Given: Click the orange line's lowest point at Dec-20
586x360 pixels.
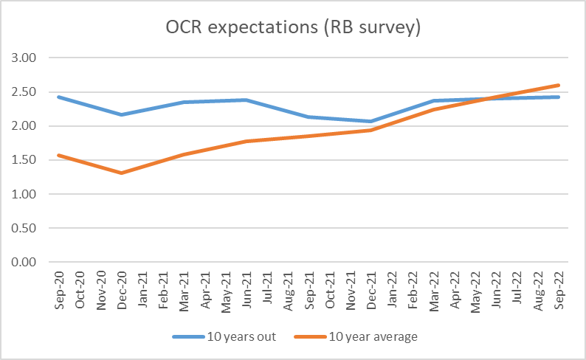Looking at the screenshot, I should coord(120,173).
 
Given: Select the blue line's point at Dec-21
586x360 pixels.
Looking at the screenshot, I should coord(370,121).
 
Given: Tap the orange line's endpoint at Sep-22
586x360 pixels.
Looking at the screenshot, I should coord(559,85).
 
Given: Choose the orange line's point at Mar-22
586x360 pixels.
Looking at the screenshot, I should coord(433,109).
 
